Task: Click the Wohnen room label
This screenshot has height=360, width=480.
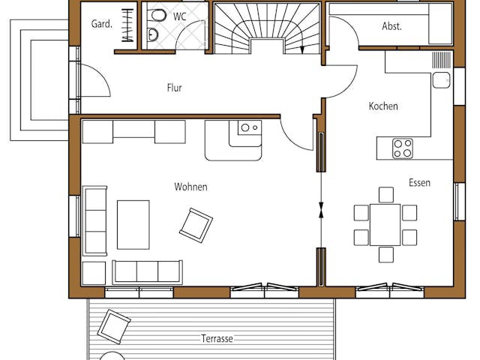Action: click(190, 187)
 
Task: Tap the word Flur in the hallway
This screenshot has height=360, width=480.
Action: click(174, 88)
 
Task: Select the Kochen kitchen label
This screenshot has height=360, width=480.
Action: click(382, 106)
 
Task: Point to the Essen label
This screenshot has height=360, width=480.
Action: click(419, 182)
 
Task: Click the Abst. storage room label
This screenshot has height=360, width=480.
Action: click(391, 25)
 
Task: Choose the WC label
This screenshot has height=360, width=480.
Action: click(179, 16)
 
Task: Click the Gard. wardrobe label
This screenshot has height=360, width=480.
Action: click(102, 24)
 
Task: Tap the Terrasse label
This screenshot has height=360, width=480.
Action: click(217, 338)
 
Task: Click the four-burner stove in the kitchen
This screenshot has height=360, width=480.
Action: click(403, 148)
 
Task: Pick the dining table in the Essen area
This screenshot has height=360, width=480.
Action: click(385, 224)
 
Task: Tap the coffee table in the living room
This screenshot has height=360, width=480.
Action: click(133, 224)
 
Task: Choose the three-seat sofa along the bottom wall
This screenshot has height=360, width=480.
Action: click(147, 272)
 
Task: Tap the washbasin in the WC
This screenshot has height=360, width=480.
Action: click(154, 34)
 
